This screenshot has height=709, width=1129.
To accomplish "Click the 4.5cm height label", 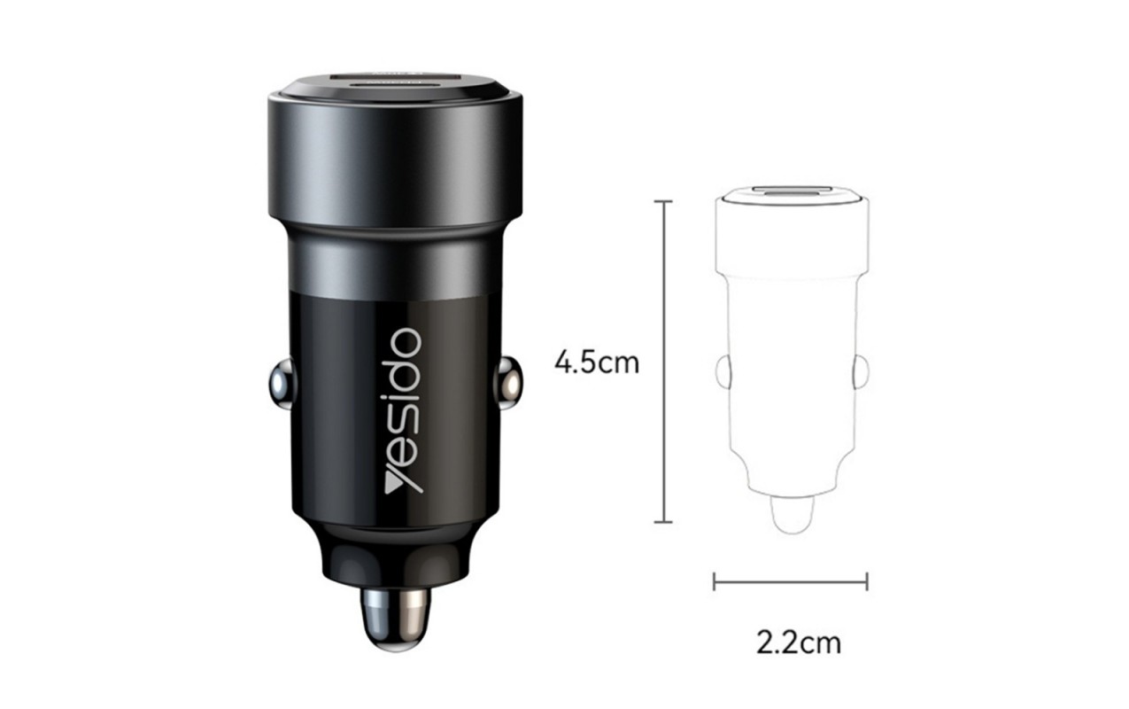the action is coord(597,362).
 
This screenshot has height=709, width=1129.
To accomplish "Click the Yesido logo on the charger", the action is coord(403,410).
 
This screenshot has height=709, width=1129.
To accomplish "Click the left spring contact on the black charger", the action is coord(282,384).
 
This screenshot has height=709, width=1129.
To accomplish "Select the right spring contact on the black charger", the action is coord(510,383).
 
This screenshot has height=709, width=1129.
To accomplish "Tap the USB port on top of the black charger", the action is coord(395,81).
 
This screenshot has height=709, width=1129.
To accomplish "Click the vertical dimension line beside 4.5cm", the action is coord(663,362).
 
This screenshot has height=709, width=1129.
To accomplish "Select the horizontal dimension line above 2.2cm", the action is coord(790,582).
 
